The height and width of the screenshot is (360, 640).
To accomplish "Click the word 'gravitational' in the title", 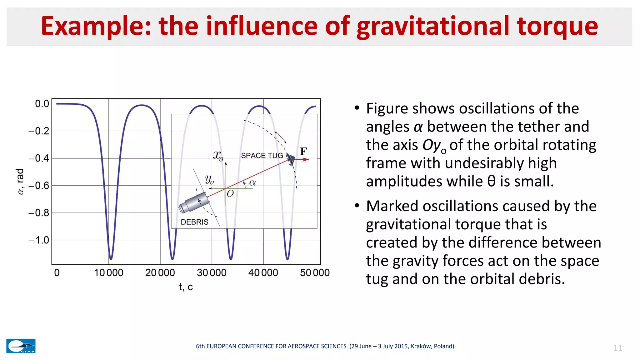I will pos(433,27).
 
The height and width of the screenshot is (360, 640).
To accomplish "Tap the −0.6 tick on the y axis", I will pos(39,186).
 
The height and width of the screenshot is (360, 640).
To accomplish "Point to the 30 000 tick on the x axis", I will pos(212,273).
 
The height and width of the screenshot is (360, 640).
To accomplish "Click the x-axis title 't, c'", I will pos(186,287).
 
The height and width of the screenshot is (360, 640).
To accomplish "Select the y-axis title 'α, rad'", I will pos(20,182).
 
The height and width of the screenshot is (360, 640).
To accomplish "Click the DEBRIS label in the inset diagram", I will pos(194,222).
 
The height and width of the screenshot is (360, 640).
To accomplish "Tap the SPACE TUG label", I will pos(262,156).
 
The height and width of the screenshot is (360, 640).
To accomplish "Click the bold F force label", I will pos(303,152).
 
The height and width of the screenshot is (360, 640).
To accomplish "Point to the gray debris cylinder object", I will pos(194,202).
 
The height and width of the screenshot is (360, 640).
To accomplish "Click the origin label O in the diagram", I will pos(230,194).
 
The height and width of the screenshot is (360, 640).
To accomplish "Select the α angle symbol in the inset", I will pos(252,183).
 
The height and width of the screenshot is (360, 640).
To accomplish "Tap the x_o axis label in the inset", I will pos(218,155).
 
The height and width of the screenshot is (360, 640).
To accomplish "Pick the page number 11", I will pos(617,348).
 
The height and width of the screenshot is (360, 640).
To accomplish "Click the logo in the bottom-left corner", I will pos(21,346).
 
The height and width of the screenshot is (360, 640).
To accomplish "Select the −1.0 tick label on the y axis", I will pos(39,240).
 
